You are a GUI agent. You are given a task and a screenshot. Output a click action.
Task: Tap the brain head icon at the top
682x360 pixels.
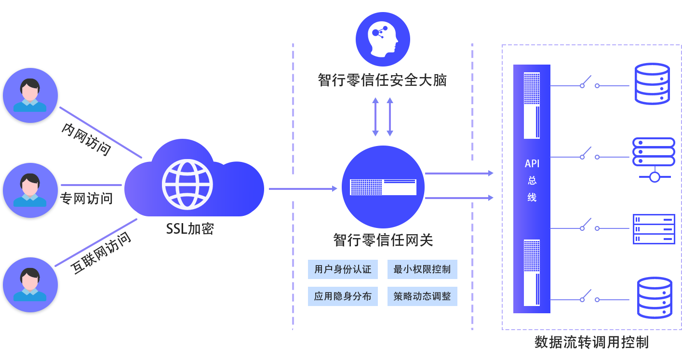[383, 39]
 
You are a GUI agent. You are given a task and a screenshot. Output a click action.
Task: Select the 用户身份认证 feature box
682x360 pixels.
[343, 269]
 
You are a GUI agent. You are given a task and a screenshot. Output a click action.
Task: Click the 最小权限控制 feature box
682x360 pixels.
[422, 269]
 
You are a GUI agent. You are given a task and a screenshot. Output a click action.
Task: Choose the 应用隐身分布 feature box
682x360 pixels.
[343, 296]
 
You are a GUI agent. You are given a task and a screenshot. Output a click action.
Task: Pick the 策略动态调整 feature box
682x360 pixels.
[422, 296]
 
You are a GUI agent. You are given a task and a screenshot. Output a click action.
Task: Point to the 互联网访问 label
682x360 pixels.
[101, 253]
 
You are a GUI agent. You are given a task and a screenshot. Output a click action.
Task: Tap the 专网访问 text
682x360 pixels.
[87, 198]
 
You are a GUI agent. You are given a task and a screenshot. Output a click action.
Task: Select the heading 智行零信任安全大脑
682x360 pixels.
[382, 80]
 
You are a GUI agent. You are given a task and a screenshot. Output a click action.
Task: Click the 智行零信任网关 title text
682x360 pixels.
[383, 240]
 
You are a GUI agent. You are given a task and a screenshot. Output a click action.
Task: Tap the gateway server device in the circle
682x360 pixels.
[383, 187]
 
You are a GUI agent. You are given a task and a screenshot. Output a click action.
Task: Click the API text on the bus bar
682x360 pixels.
[532, 164]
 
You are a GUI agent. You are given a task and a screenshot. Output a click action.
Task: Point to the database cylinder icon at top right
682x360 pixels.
[652, 84]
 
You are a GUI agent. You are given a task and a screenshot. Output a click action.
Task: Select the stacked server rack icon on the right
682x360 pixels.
[653, 229]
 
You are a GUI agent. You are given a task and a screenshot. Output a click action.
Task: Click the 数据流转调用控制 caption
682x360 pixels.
[591, 343]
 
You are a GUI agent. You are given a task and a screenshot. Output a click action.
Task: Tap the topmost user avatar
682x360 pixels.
[30, 96]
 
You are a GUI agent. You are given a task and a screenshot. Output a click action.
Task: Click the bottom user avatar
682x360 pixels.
[30, 286]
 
